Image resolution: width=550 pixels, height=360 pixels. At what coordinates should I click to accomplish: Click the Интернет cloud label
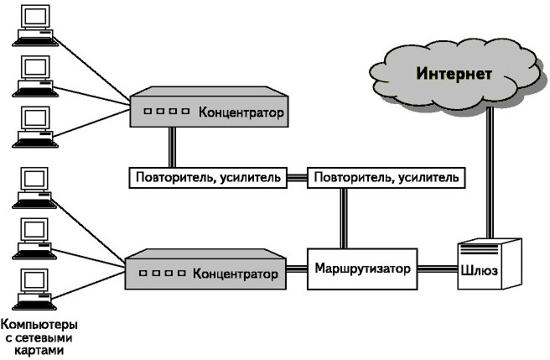point(454,73)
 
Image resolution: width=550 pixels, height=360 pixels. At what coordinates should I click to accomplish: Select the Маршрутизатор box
point(363,269)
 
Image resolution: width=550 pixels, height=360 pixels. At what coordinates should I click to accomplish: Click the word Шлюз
point(479,270)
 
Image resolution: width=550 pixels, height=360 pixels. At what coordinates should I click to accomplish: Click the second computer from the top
point(34,73)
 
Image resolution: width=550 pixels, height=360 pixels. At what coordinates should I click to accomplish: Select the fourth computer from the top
point(34,185)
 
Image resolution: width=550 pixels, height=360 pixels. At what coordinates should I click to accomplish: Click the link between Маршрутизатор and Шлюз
point(437,269)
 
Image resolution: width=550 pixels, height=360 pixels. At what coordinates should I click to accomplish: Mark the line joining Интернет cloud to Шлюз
point(491,168)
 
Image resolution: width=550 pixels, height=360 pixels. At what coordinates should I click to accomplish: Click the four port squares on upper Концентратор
point(166,112)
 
